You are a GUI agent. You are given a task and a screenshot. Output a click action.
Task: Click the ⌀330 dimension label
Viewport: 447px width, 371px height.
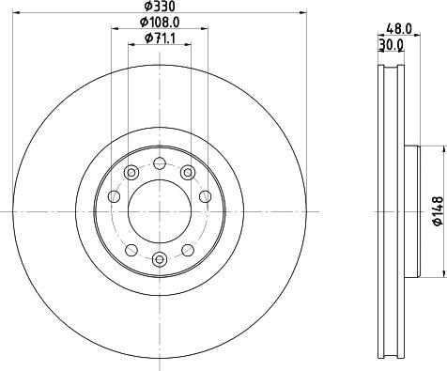click(x=160, y=6)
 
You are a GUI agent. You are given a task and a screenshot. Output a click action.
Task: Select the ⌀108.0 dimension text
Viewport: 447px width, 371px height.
click(x=160, y=22)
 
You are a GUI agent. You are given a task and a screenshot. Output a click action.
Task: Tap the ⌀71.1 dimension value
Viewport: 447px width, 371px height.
click(x=160, y=39)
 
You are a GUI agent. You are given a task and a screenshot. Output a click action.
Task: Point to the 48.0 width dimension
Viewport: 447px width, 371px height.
click(x=399, y=29)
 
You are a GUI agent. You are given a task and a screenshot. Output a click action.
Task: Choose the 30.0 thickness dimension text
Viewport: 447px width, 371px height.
click(x=391, y=45)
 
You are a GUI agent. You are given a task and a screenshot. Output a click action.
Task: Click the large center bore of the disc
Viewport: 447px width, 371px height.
click(x=160, y=211)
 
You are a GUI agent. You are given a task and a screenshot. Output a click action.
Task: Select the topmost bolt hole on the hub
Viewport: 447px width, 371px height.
click(x=160, y=163)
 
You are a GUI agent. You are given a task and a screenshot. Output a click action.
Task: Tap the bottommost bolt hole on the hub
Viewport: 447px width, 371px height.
click(x=160, y=259)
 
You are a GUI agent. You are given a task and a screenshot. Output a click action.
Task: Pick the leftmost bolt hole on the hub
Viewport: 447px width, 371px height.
click(x=114, y=196)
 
